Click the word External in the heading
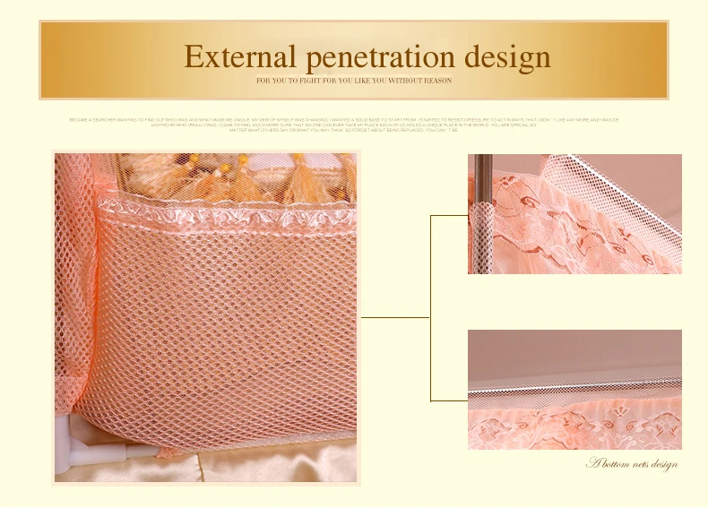click(x=239, y=57)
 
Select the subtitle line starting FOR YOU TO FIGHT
click(x=354, y=81)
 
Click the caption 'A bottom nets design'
click(x=632, y=463)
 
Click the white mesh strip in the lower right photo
click(x=574, y=389)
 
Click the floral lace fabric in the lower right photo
click(x=574, y=426)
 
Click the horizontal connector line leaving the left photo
click(x=394, y=316)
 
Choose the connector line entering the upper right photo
click(x=448, y=215)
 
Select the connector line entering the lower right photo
click(x=448, y=400)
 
